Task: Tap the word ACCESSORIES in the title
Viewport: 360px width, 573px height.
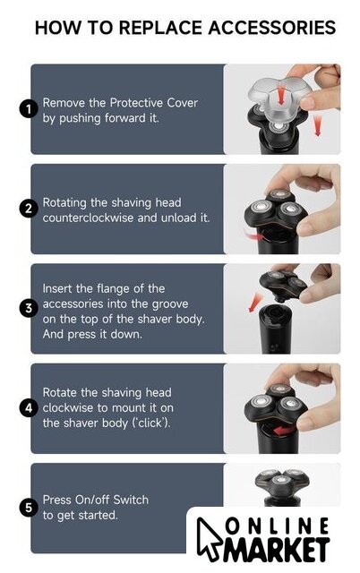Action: click(272, 28)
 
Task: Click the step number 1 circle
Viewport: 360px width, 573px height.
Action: click(29, 109)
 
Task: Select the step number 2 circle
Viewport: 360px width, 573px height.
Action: click(29, 209)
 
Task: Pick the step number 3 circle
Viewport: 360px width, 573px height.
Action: click(29, 308)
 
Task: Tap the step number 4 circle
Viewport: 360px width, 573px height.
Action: click(29, 408)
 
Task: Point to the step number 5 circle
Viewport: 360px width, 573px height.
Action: click(29, 508)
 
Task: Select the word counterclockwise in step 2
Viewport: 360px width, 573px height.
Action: click(88, 218)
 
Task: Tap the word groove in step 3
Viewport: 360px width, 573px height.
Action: click(170, 304)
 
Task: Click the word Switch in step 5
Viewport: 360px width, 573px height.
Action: click(131, 500)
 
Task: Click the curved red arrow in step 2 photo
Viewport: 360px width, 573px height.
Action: click(253, 235)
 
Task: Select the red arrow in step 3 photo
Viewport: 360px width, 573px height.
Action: click(254, 302)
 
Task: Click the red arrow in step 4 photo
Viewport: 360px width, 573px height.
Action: click(284, 431)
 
